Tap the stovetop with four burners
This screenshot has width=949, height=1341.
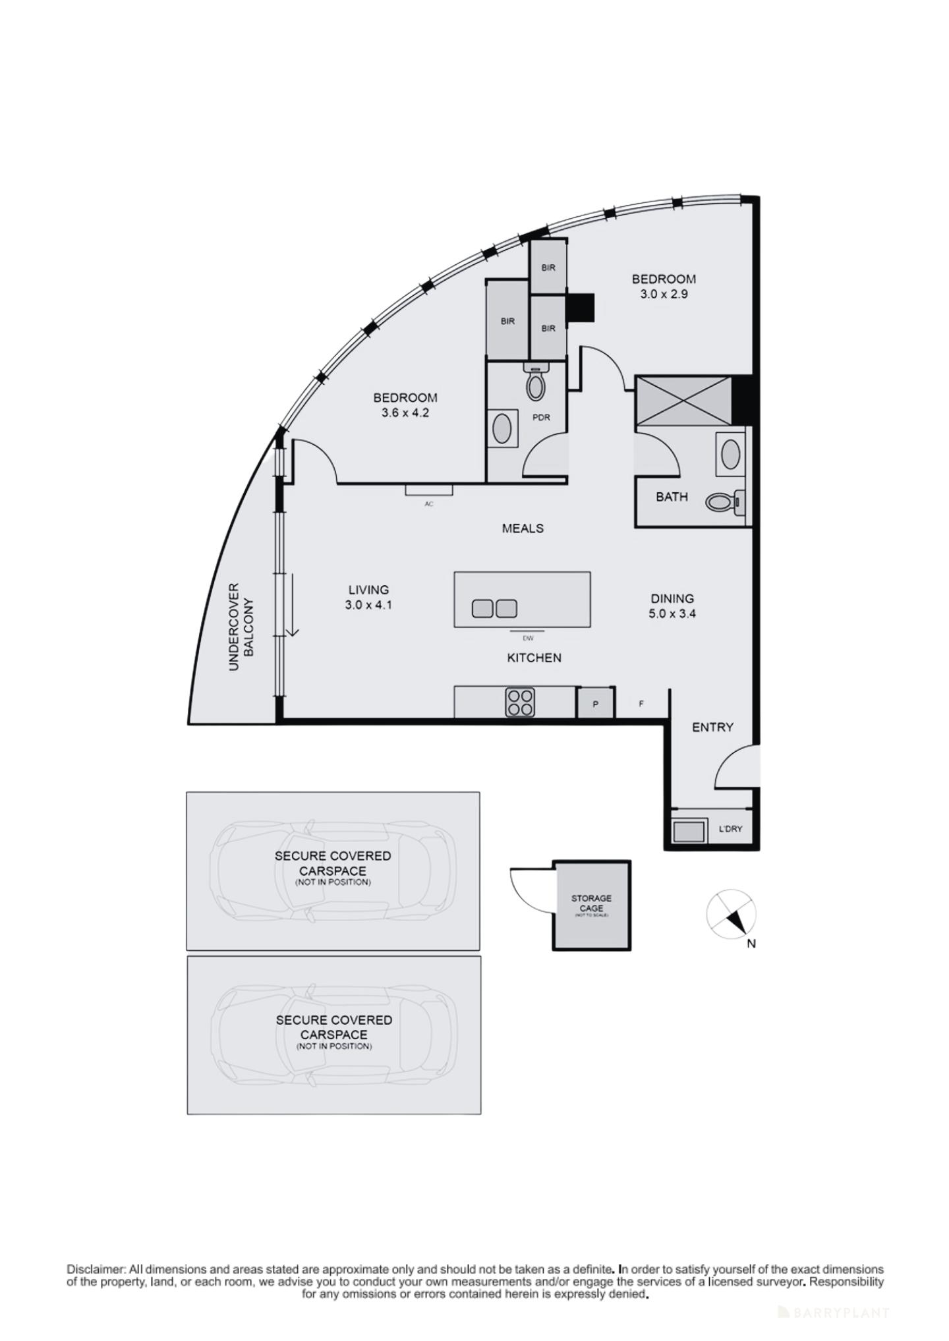519,702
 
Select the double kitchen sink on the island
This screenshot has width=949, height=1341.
494,609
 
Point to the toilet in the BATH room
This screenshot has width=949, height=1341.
723,503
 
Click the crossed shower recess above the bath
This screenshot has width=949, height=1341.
683,401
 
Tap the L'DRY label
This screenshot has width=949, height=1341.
730,828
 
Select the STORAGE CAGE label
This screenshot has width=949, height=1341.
591,903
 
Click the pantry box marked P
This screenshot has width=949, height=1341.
595,704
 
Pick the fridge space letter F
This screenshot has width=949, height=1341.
641,704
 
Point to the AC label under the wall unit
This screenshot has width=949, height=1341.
429,504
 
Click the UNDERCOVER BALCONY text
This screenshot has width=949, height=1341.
241,627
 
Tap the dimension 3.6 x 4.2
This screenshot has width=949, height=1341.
405,413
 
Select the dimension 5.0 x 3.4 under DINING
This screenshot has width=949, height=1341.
672,613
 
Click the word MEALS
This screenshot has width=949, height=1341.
523,528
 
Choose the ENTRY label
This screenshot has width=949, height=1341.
712,727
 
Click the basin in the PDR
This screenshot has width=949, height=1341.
502,428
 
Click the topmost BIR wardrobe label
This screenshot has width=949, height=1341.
548,268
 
